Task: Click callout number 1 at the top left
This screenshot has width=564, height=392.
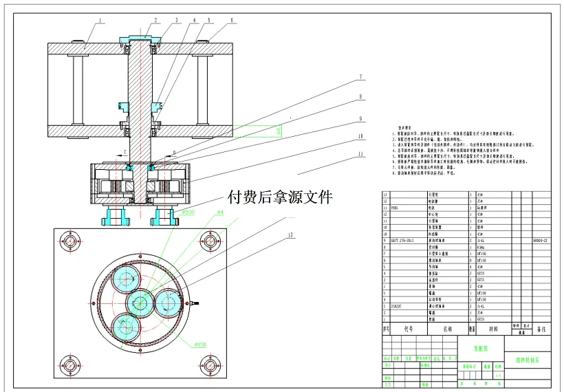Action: (99, 21)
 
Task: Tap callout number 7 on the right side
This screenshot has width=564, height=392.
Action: (359, 76)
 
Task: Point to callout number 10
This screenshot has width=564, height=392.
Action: (360, 135)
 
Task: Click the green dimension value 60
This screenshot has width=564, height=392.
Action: (278, 130)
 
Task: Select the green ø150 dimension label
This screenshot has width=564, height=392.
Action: (200, 344)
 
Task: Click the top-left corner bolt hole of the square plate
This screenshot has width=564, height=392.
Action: (71, 241)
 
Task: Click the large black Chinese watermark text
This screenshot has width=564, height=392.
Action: (279, 197)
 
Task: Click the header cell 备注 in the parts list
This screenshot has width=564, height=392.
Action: (541, 329)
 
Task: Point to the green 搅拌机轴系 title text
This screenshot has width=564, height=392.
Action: (528, 359)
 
